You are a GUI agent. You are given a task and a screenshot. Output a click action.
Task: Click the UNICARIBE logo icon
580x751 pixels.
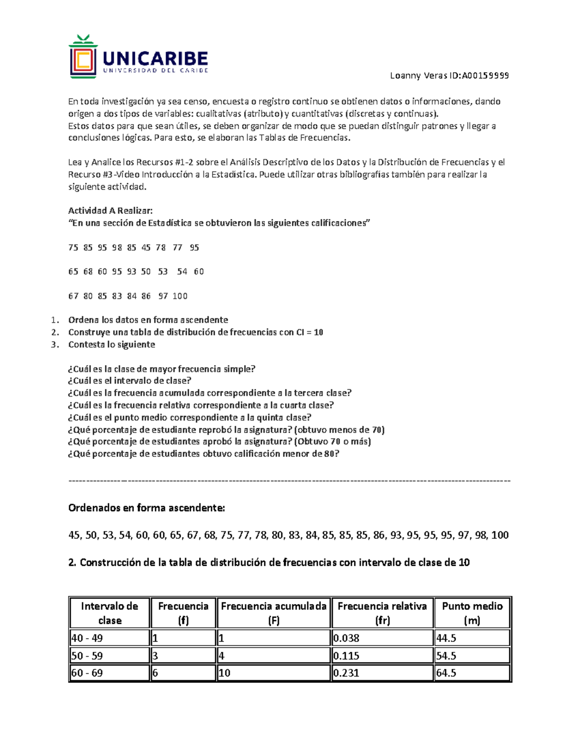[83, 57]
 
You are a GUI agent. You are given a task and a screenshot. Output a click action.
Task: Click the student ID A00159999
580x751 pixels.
[485, 75]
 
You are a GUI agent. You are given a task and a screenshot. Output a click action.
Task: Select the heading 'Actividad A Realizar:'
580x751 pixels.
[110, 211]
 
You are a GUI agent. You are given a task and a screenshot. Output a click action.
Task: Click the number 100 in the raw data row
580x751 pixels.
[180, 296]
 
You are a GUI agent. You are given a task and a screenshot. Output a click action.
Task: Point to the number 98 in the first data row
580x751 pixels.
[117, 248]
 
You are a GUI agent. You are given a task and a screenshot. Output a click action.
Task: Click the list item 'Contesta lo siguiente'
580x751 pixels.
[112, 344]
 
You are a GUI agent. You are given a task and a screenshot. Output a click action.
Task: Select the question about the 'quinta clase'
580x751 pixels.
[189, 417]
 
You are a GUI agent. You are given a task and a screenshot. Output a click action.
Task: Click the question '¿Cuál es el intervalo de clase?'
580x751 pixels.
[130, 381]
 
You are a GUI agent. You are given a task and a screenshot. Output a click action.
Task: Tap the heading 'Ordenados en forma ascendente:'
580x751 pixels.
[146, 508]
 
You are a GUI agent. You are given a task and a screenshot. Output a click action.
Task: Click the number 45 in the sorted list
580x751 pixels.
[74, 535]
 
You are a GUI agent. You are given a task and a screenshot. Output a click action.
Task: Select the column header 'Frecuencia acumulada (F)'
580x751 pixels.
[274, 613]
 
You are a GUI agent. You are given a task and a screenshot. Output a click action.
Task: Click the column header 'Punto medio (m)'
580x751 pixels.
[472, 613]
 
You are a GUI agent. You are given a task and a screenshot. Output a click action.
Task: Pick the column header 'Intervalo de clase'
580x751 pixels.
[109, 613]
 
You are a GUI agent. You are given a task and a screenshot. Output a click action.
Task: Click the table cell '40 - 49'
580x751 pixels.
[87, 638]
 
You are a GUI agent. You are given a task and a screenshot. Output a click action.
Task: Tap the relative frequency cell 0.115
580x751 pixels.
[346, 656]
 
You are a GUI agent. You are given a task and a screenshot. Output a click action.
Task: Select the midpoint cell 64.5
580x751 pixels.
[446, 673]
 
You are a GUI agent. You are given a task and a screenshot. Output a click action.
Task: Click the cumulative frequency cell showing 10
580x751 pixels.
[224, 673]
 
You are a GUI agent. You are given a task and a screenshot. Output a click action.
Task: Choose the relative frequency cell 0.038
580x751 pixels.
[346, 638]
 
